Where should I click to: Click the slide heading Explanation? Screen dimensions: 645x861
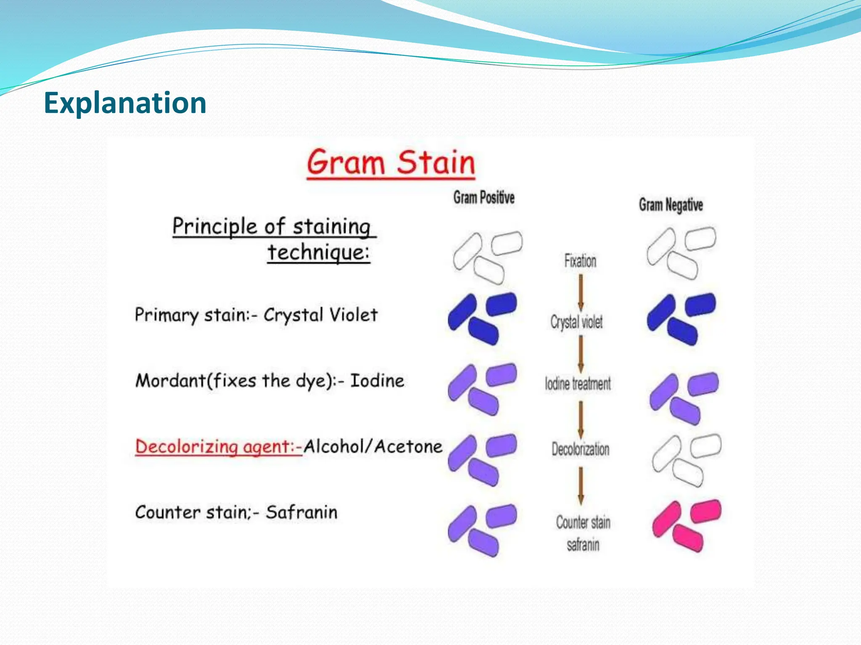pos(125,103)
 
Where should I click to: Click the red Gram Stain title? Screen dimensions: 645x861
pos(391,163)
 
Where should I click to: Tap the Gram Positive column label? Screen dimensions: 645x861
pos(483,197)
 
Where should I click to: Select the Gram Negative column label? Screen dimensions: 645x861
pos(671,205)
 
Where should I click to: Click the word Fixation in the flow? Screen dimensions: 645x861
pos(580,261)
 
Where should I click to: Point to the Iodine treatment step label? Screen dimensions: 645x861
pos(578,383)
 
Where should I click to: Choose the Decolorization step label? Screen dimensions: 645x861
pos(580,449)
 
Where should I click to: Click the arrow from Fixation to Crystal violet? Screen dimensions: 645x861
pos(581,292)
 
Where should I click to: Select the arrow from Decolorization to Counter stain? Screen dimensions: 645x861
pos(581,485)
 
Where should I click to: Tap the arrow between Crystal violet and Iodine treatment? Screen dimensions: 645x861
pos(581,354)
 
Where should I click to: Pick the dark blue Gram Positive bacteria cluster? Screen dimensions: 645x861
pos(482,318)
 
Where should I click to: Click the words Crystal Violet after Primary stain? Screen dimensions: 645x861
pos(320,315)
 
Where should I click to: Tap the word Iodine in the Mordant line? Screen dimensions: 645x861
pos(377,381)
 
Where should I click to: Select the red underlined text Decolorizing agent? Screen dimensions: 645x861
pos(219,446)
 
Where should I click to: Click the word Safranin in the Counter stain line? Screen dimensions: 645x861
pos(301,512)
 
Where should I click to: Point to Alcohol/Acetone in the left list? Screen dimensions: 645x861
pos(373,446)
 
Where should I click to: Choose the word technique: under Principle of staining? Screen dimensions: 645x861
pos(319,252)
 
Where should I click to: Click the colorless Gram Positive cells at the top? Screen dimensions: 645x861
pos(487,256)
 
